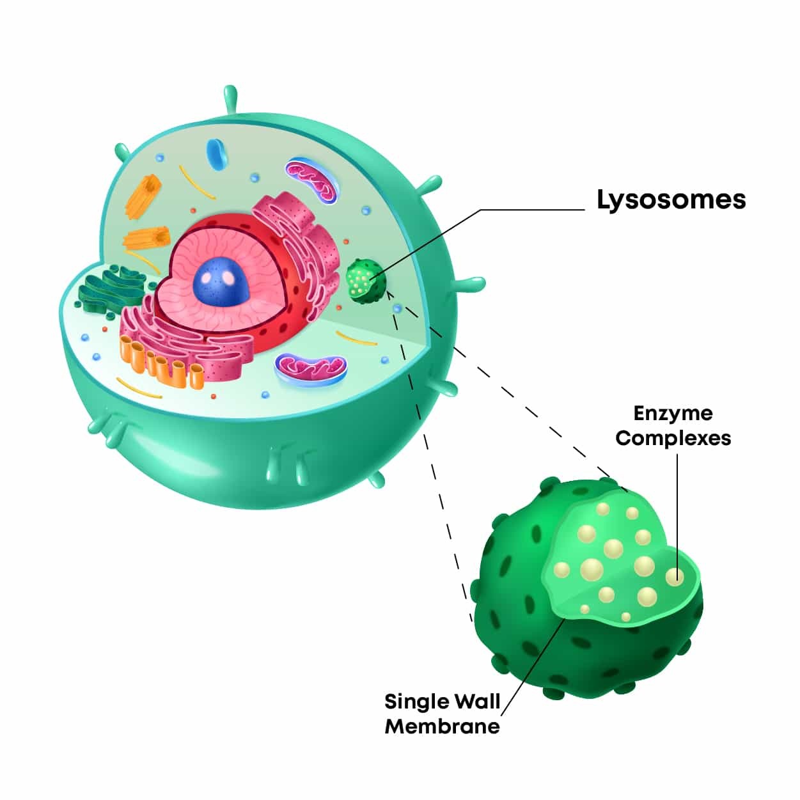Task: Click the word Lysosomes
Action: [x=671, y=200]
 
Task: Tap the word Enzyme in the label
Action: [x=673, y=413]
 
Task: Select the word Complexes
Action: [x=673, y=438]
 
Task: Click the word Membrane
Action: [x=442, y=726]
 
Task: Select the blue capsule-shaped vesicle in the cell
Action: [x=216, y=153]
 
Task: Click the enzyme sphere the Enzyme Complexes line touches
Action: [x=674, y=577]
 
